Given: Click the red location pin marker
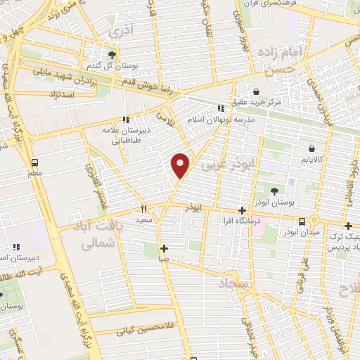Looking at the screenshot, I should pos(181,165).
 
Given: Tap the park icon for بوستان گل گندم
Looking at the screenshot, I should pos(112,54).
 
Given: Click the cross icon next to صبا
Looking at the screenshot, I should pos(164,247).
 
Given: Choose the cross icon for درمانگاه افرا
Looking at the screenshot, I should pos(242,210).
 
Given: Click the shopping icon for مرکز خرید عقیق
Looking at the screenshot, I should pos(256,91).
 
